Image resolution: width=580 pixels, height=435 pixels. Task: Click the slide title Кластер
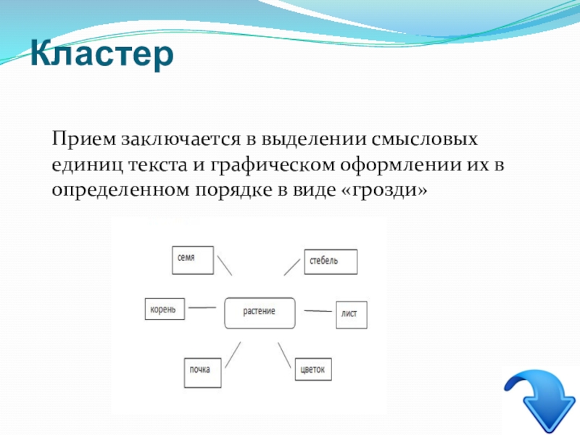coord(101,54)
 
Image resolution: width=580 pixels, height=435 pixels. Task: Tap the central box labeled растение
coord(260,313)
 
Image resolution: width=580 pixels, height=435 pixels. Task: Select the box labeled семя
coord(193,260)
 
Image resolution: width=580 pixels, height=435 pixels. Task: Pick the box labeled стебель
coord(331,262)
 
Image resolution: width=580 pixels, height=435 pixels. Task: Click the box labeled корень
coord(165,309)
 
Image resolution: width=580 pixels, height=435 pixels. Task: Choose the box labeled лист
coord(352,315)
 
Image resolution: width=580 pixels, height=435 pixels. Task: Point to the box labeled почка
coord(202,373)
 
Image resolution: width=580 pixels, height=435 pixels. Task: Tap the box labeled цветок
coord(313,369)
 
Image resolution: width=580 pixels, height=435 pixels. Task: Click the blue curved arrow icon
coord(541,400)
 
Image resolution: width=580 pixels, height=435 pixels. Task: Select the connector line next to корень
coord(202,307)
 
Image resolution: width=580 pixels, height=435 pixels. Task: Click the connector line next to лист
coord(318,311)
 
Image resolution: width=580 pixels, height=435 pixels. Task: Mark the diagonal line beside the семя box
coord(225,265)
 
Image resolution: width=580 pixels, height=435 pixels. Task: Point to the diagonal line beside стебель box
coord(292,267)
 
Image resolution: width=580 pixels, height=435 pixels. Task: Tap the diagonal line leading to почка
coord(233,355)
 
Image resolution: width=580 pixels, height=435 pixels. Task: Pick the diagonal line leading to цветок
coord(284,355)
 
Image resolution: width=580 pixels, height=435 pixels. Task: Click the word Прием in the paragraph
coord(84,139)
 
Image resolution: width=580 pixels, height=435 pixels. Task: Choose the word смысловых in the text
coord(424,139)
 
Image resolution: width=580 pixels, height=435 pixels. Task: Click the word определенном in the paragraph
coord(120,190)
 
